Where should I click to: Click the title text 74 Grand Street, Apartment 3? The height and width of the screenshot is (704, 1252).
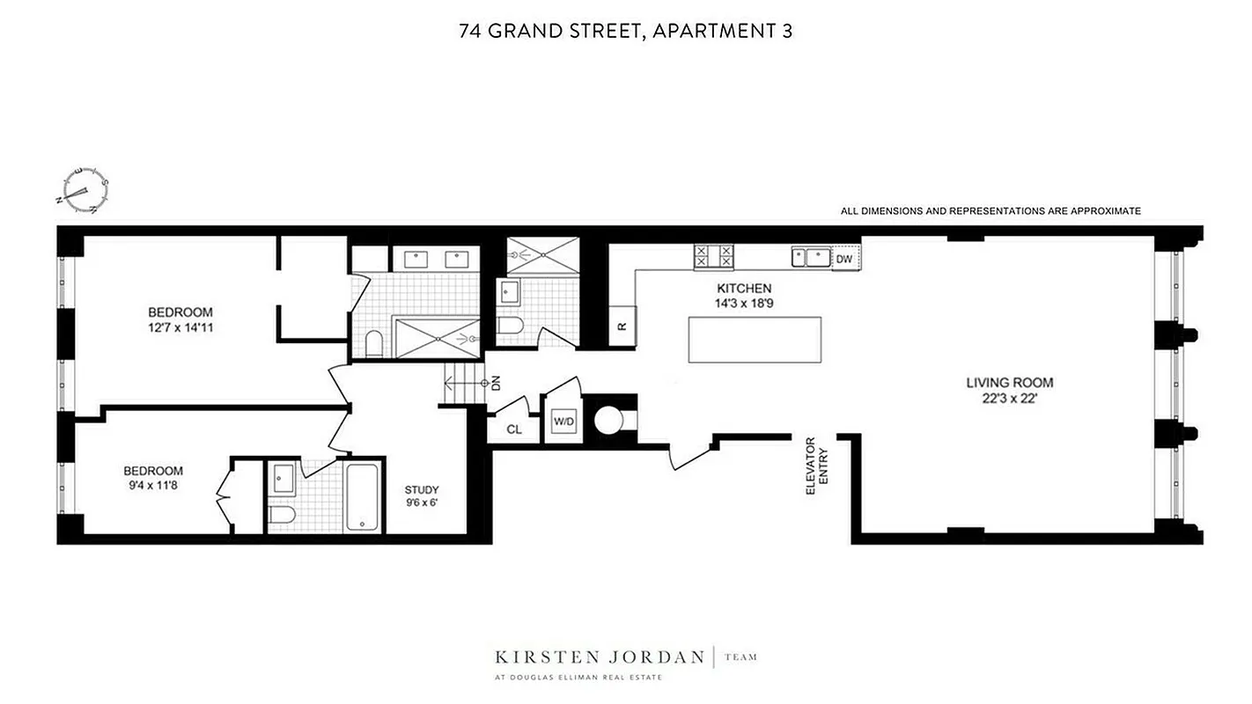pyautogui.click(x=625, y=32)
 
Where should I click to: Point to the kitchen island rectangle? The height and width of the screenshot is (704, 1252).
pyautogui.click(x=755, y=340)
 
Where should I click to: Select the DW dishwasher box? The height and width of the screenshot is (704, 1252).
pyautogui.click(x=844, y=259)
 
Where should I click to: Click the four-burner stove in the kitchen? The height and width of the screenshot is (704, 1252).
pyautogui.click(x=713, y=257)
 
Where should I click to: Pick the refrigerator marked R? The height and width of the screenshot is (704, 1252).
pyautogui.click(x=622, y=326)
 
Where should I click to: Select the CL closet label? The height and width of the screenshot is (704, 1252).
pyautogui.click(x=514, y=429)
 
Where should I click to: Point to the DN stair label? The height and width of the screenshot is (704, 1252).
pyautogui.click(x=496, y=384)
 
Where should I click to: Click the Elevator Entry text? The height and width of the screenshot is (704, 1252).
pyautogui.click(x=817, y=466)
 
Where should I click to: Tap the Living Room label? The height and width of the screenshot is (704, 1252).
pyautogui.click(x=1010, y=383)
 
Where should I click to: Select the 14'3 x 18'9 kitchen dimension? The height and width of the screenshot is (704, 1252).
pyautogui.click(x=744, y=303)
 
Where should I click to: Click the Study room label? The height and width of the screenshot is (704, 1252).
pyautogui.click(x=422, y=490)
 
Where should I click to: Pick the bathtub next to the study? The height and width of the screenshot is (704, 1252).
pyautogui.click(x=363, y=497)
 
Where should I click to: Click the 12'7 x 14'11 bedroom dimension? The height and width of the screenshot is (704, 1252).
pyautogui.click(x=180, y=327)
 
